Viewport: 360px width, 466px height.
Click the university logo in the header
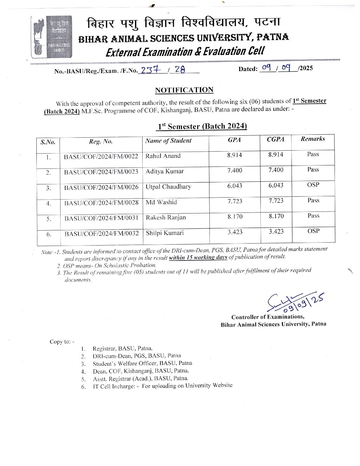52,37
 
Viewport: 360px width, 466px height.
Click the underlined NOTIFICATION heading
184,90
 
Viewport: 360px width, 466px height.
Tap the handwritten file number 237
151,70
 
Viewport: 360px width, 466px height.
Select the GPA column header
234,140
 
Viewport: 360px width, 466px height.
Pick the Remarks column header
313,139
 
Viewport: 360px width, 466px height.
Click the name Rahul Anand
163,156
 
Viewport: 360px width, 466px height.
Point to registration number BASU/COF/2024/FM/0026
101,187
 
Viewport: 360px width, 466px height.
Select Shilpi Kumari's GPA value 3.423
235,232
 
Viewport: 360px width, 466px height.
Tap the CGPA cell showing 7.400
276,170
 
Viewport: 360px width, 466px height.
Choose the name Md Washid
161,202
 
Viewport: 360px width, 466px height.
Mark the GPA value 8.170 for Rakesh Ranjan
235,217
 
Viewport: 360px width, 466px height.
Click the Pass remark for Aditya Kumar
313,169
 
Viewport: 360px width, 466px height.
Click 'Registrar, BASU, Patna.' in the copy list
122,349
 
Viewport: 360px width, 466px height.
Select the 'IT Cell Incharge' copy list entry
162,386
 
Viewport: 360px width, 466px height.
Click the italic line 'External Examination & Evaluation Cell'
185,52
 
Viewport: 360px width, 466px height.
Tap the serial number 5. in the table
49,219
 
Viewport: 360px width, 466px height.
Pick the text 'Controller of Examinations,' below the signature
268,317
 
